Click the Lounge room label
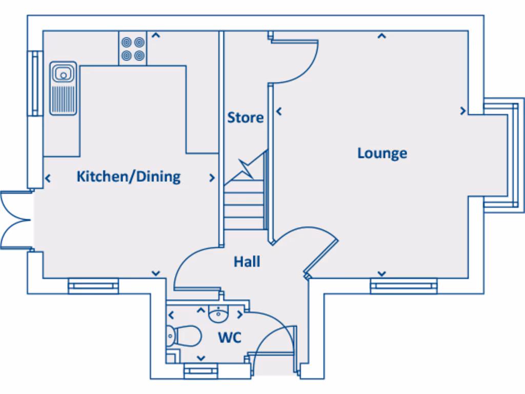pos(382,153)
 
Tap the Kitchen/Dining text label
pos(128,176)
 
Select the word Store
pos(245,117)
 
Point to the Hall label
pos(247,262)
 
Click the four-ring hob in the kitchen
pos(133,48)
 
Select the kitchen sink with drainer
pos(63,88)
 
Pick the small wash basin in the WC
pos(218,313)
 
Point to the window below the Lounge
pos(403,286)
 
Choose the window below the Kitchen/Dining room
pos(93,286)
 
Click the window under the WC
pos(200,370)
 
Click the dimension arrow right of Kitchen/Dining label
pos(212,178)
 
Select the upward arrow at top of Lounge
pos(381,36)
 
